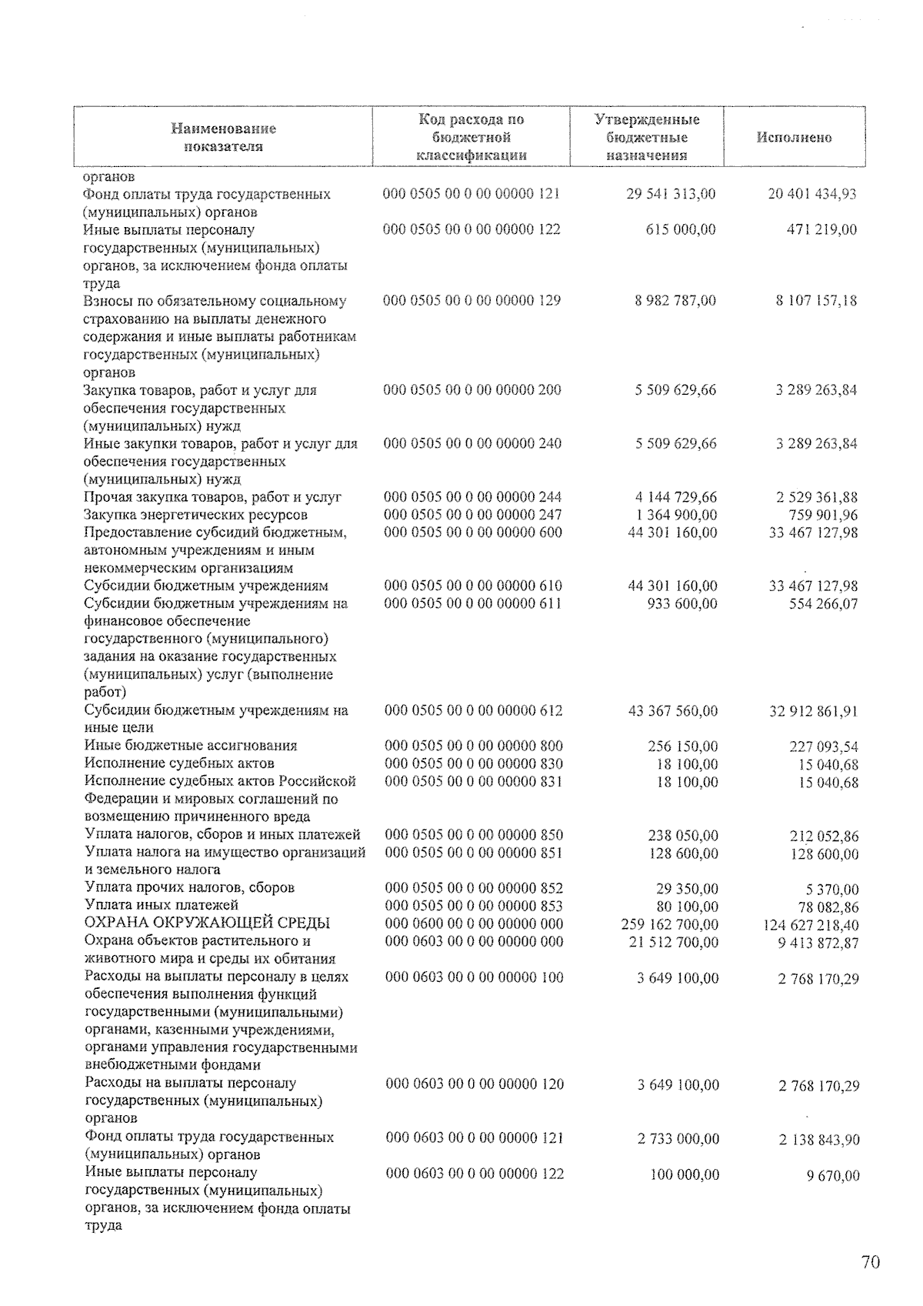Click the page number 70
pyautogui.click(x=870, y=1263)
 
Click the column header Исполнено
pyautogui.click(x=794, y=138)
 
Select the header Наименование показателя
pyautogui.click(x=223, y=138)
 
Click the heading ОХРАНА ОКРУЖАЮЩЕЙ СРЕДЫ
pyautogui.click(x=207, y=924)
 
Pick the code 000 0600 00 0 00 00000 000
pyautogui.click(x=473, y=924)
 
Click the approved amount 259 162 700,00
pyautogui.click(x=671, y=924)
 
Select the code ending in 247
pyautogui.click(x=472, y=515)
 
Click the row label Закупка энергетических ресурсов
pyautogui.click(x=195, y=515)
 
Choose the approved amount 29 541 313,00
pyautogui.click(x=671, y=194)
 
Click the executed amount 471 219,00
pyautogui.click(x=821, y=229)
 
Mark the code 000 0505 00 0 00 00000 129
pyautogui.click(x=471, y=301)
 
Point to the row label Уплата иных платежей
pyautogui.click(x=162, y=905)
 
